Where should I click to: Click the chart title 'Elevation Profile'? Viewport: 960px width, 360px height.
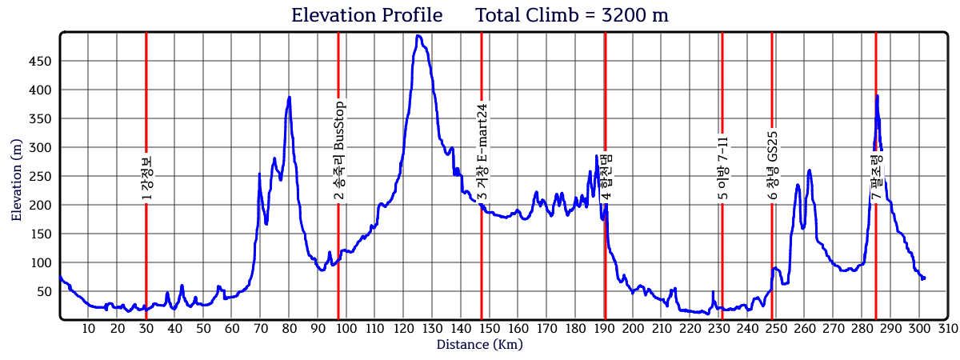tap(366, 15)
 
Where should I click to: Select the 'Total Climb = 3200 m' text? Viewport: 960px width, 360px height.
tap(571, 15)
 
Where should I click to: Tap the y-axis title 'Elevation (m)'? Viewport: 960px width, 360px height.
tap(17, 178)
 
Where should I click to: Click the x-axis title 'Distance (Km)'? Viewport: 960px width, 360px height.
tap(479, 344)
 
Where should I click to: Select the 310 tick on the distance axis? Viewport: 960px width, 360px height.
tap(948, 329)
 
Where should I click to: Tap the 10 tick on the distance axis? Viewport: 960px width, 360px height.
tap(88, 329)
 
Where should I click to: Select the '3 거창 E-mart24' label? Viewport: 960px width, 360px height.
tap(482, 152)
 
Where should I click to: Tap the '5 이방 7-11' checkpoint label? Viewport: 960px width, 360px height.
tap(722, 168)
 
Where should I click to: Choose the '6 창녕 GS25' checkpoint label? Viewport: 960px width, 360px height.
tap(773, 166)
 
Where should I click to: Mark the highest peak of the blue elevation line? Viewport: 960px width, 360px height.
tap(418, 36)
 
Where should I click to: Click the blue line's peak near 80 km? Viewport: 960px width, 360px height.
tap(289, 97)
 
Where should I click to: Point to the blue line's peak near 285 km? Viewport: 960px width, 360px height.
tap(877, 96)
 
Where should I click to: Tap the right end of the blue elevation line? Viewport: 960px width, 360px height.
tap(924, 278)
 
